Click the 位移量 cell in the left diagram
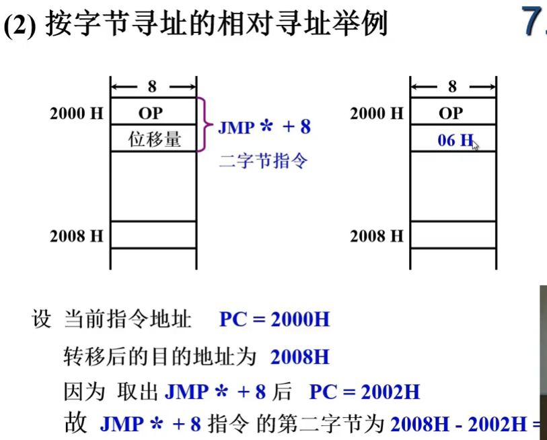point(153,139)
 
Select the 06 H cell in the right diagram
point(453,140)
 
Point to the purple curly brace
point(203,125)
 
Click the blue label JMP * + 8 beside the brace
point(264,127)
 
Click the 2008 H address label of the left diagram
point(76,236)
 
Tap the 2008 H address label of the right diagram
point(376,236)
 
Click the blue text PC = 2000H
point(275,319)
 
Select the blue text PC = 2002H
point(364,391)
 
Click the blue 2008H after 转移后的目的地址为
point(300,356)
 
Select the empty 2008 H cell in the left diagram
point(153,235)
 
